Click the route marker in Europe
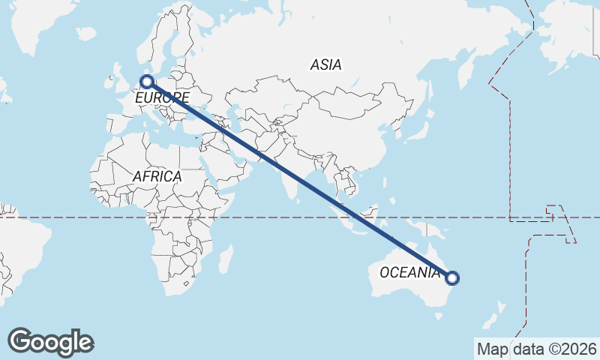tap(147, 81)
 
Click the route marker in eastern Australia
tap(451, 278)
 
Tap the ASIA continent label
tap(325, 64)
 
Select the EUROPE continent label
tap(162, 97)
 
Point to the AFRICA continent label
tap(157, 176)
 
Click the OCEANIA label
tap(409, 272)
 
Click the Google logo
tap(50, 342)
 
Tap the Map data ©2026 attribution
tap(536, 349)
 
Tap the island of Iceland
tap(85, 34)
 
